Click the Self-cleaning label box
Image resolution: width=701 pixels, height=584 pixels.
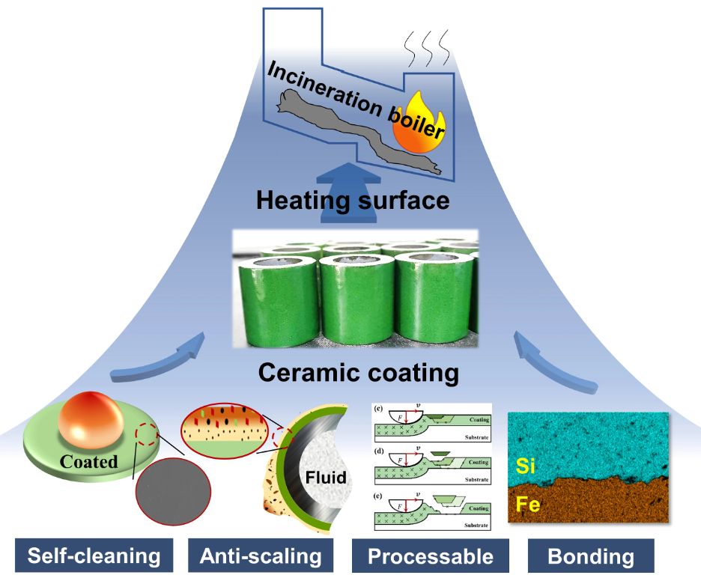(94, 556)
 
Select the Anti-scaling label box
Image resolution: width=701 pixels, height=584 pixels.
(261, 556)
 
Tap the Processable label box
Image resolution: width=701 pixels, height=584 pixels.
(431, 556)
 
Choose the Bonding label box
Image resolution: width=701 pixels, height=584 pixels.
(591, 556)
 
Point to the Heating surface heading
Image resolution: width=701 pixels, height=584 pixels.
(353, 200)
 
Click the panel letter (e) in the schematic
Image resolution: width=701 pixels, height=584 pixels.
(378, 496)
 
